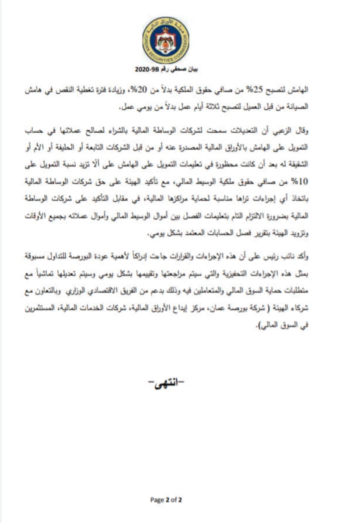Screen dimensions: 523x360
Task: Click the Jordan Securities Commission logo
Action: (x=166, y=42)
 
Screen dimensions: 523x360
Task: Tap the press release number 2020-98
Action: (x=145, y=69)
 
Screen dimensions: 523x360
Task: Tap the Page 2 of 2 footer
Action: (x=166, y=500)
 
